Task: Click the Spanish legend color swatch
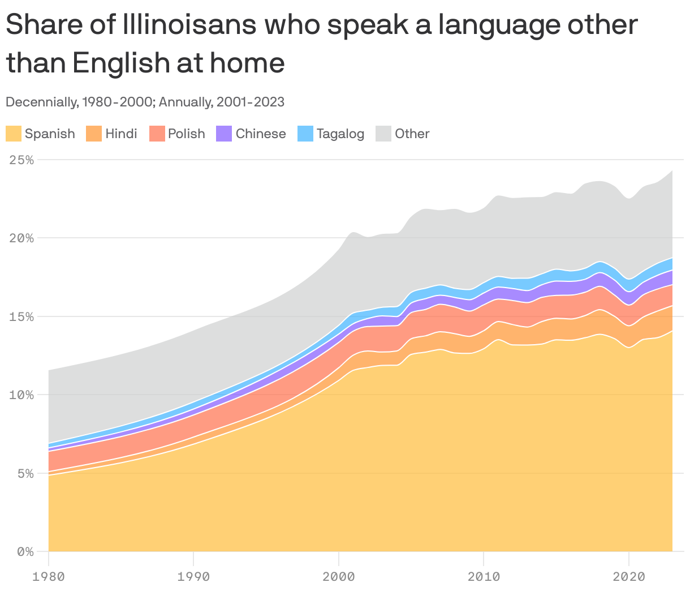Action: click(x=14, y=134)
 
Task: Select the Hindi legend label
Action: click(x=121, y=134)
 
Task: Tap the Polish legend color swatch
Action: click(x=157, y=134)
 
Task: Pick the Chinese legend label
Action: click(x=260, y=134)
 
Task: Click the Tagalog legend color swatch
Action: click(x=305, y=134)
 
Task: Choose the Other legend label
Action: click(x=412, y=134)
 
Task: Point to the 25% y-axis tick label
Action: click(x=22, y=160)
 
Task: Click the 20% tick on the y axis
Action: click(x=22, y=238)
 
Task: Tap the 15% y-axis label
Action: click(x=22, y=316)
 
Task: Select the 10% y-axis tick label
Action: click(x=22, y=395)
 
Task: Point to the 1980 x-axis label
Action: click(x=49, y=577)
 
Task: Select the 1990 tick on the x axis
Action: click(x=193, y=577)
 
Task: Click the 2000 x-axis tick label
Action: click(x=338, y=577)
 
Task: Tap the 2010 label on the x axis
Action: click(x=484, y=577)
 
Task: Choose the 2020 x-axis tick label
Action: click(x=628, y=577)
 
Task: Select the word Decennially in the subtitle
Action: click(x=40, y=102)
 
